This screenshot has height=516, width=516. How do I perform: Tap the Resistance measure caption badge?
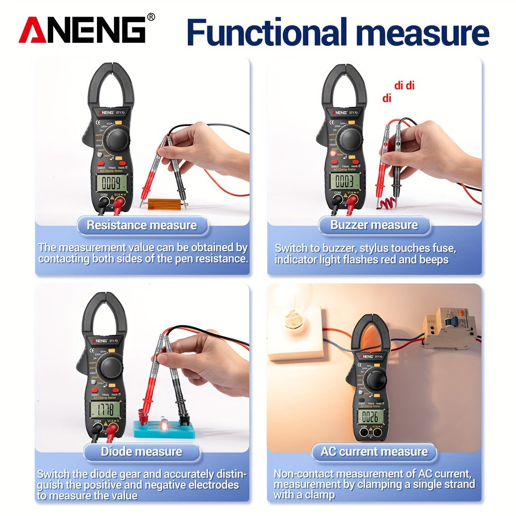[141, 225]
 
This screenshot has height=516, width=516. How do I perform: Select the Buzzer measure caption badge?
[374, 225]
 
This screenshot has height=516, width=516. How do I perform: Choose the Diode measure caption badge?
[141, 451]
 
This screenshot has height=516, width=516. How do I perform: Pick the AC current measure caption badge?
[374, 452]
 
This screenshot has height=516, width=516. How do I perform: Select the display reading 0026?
[370, 416]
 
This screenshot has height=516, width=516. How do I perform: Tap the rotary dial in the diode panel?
[110, 367]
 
